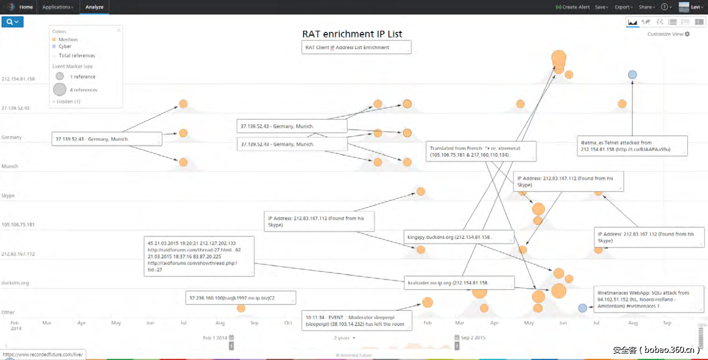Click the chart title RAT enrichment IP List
pyautogui.click(x=352, y=34)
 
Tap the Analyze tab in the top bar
pyautogui.click(x=94, y=7)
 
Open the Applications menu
pyautogui.click(x=57, y=7)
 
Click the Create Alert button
pyautogui.click(x=573, y=7)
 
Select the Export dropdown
pyautogui.click(x=623, y=7)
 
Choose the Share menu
pyautogui.click(x=647, y=7)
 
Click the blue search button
pyautogui.click(x=12, y=22)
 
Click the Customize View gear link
pyautogui.click(x=668, y=34)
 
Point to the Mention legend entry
pyautogui.click(x=68, y=40)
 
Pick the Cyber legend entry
pyautogui.click(x=65, y=46)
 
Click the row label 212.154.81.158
pyautogui.click(x=18, y=79)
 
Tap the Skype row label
pyautogui.click(x=8, y=196)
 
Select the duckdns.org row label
pyautogui.click(x=16, y=283)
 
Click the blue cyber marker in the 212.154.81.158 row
pyautogui.click(x=632, y=74)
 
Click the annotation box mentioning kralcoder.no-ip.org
pyautogui.click(x=458, y=283)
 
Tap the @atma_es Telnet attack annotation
pyautogui.click(x=632, y=146)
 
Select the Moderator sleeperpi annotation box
pyautogui.click(x=357, y=320)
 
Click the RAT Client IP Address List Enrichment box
pyautogui.click(x=357, y=47)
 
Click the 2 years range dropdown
pyautogui.click(x=345, y=338)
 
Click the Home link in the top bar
pyautogui.click(x=26, y=7)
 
